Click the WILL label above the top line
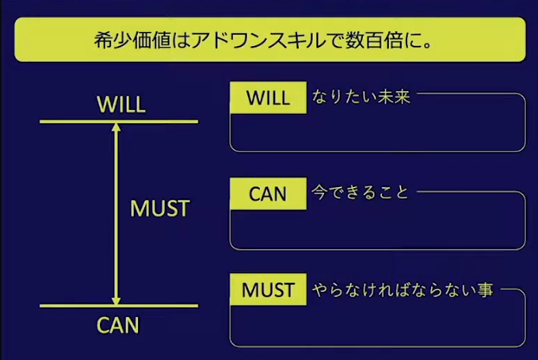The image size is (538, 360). click(121, 104)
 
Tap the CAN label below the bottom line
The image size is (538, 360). click(118, 325)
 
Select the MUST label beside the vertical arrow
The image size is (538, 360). click(160, 209)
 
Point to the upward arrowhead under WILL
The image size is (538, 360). click(116, 127)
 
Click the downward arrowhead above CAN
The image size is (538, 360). click(116, 301)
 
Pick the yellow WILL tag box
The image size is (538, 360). click(268, 98)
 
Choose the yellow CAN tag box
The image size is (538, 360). click(268, 193)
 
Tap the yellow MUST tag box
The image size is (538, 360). click(268, 289)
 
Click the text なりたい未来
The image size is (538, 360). click(361, 97)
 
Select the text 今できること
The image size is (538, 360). click(361, 193)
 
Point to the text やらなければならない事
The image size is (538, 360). click(403, 290)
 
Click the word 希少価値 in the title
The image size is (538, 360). click(132, 40)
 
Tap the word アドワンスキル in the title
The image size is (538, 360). click(258, 40)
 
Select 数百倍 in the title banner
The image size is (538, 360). click(374, 40)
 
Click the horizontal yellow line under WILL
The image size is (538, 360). click(119, 121)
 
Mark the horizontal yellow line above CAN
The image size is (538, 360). click(119, 306)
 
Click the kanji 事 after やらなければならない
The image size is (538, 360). click(485, 290)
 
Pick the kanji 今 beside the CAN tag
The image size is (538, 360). click(319, 193)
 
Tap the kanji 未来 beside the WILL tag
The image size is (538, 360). click(394, 97)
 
